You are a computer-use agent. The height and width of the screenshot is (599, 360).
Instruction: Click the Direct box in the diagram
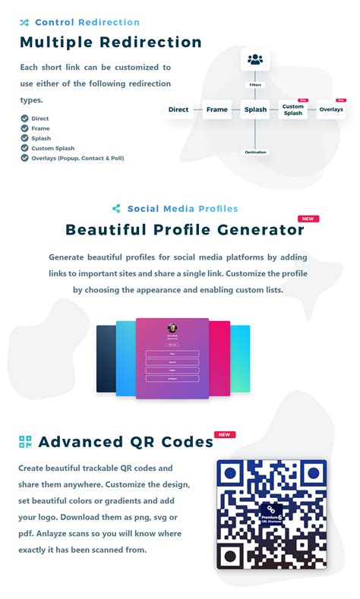point(178,109)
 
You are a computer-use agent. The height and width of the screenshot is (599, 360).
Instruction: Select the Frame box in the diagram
point(216,109)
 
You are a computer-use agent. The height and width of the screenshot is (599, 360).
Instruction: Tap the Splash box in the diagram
point(255,109)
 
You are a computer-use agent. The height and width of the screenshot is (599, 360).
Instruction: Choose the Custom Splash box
point(292,110)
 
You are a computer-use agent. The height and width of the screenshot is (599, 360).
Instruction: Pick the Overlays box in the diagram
point(331,109)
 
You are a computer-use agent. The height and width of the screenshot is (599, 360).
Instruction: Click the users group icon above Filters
point(255,59)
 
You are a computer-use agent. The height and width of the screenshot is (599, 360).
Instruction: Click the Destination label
point(255,152)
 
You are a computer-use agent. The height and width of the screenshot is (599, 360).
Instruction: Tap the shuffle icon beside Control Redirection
point(24,23)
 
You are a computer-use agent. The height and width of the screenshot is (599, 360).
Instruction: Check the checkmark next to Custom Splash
point(24,148)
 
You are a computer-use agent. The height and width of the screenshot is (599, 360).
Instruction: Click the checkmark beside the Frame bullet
point(24,128)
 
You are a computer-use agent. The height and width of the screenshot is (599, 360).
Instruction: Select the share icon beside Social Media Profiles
point(116,209)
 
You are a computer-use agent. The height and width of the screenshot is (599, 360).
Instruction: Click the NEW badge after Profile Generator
point(308,219)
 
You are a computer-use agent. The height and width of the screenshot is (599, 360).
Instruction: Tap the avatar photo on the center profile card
point(172,329)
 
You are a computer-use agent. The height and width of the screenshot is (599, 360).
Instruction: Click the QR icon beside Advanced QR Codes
point(25,442)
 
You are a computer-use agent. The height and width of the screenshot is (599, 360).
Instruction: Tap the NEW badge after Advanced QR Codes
point(225,435)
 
